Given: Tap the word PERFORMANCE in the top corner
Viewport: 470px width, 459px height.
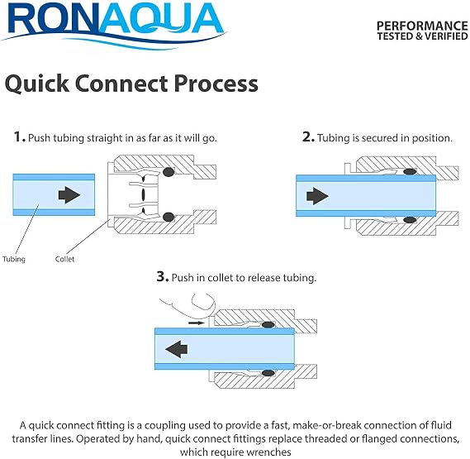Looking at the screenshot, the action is point(422,26).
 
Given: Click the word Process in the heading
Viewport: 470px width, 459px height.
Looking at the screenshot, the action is point(216,84).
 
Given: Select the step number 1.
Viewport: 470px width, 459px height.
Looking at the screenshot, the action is point(19,137).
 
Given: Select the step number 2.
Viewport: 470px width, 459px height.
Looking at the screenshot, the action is point(308,137).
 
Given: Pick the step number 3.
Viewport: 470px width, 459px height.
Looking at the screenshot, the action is point(163,276).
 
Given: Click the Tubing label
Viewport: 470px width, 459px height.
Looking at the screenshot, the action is point(14,259).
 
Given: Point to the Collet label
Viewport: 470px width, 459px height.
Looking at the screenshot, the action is point(64,259).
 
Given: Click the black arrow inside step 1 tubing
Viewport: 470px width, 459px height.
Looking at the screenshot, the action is point(69,195).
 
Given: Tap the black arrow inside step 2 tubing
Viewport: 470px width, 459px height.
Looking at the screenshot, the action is point(317,196).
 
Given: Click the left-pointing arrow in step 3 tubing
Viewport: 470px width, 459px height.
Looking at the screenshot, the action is point(176,349).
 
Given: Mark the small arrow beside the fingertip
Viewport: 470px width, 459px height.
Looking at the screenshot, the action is point(197,323).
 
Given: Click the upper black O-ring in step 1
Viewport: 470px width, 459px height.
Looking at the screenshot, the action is point(169,172).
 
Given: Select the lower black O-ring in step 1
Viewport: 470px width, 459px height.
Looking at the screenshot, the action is point(169,217).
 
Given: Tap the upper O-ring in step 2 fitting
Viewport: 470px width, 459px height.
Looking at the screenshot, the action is point(410,172).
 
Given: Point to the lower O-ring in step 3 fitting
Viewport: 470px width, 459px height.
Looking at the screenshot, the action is point(268,373).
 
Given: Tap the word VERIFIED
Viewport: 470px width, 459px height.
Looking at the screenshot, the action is point(446,36).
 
